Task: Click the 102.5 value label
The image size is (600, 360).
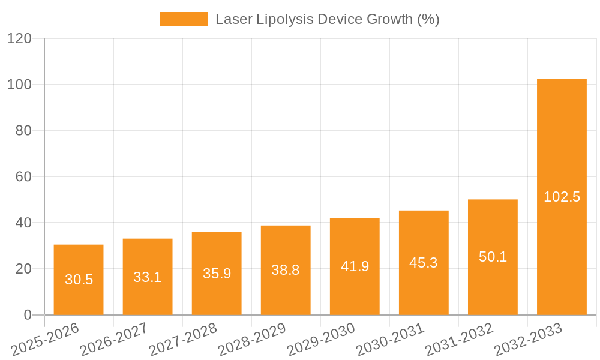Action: pyautogui.click(x=562, y=197)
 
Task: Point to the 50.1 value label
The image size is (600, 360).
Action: pyautogui.click(x=493, y=257)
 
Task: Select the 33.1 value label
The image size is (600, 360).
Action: pyautogui.click(x=148, y=277)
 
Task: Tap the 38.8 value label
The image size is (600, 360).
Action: pyautogui.click(x=286, y=270)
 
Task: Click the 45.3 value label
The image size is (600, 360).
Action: pyautogui.click(x=424, y=262)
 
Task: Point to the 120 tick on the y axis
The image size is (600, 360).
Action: pyautogui.click(x=19, y=39)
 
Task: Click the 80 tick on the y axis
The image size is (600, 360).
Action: pyautogui.click(x=23, y=131)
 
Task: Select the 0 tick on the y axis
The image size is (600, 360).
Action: pyautogui.click(x=27, y=315)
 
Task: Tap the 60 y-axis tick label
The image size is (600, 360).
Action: pyautogui.click(x=23, y=177)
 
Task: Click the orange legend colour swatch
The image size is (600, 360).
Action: pyautogui.click(x=184, y=19)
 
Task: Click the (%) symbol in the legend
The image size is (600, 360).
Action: pyautogui.click(x=428, y=19)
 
